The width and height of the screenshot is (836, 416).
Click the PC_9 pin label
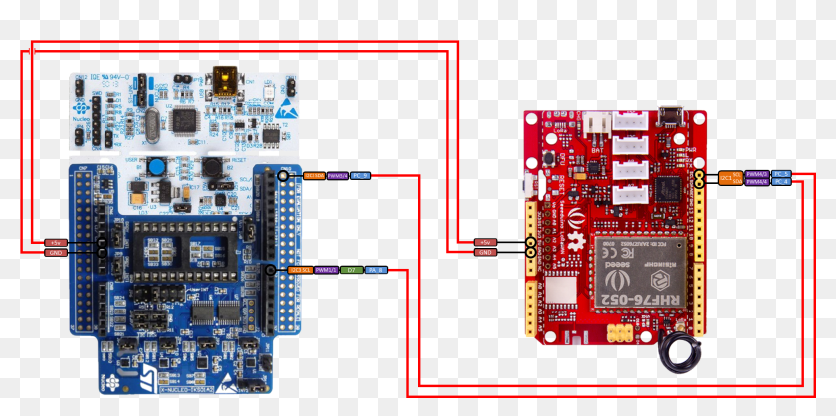361,176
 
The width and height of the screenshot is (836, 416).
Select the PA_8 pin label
376,270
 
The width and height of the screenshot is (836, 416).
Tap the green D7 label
351,270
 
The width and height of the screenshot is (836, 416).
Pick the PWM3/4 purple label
336,176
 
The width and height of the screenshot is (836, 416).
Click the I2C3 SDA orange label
312,176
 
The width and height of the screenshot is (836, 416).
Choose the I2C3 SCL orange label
300,270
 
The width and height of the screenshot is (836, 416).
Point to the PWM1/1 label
326,270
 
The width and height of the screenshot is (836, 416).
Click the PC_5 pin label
781,174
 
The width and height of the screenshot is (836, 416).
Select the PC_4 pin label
781,182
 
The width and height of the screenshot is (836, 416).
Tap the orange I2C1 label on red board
727,178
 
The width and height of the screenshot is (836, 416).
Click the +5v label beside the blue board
55,242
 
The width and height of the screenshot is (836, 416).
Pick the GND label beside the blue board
55,253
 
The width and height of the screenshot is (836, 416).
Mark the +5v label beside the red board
486,242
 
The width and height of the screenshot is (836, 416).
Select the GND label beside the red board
486,253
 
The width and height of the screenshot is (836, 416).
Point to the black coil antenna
684,351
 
